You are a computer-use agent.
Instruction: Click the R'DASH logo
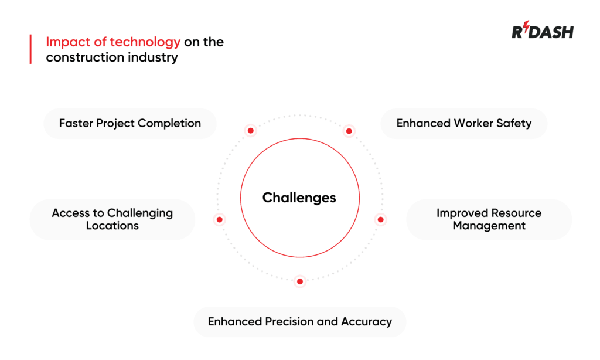coord(543,30)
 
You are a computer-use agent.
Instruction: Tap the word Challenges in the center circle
coord(299,198)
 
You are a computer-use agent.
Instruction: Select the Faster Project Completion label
coord(130,123)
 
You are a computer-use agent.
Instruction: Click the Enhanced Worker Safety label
coord(464,123)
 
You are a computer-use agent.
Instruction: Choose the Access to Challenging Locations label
coord(112,219)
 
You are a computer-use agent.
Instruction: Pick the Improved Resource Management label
coord(489,219)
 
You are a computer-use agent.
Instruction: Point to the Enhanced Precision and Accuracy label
coord(300,322)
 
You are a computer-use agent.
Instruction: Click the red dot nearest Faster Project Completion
coord(251,131)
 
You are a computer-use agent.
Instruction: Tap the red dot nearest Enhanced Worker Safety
coord(349,131)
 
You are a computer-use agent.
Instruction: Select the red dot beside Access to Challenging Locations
coord(219,219)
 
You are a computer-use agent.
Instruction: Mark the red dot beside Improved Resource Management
coord(380,219)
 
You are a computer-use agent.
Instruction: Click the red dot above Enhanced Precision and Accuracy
coord(300,281)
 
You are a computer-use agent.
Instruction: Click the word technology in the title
coord(145,42)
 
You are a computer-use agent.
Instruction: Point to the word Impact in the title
coord(68,42)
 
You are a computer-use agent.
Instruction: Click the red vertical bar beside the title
coord(30,49)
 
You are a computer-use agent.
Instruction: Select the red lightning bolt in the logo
coord(527,26)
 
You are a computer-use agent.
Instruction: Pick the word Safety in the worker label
coord(514,123)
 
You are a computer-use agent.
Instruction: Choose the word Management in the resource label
coord(489,226)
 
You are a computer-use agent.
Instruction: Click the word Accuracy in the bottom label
coord(366,322)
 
